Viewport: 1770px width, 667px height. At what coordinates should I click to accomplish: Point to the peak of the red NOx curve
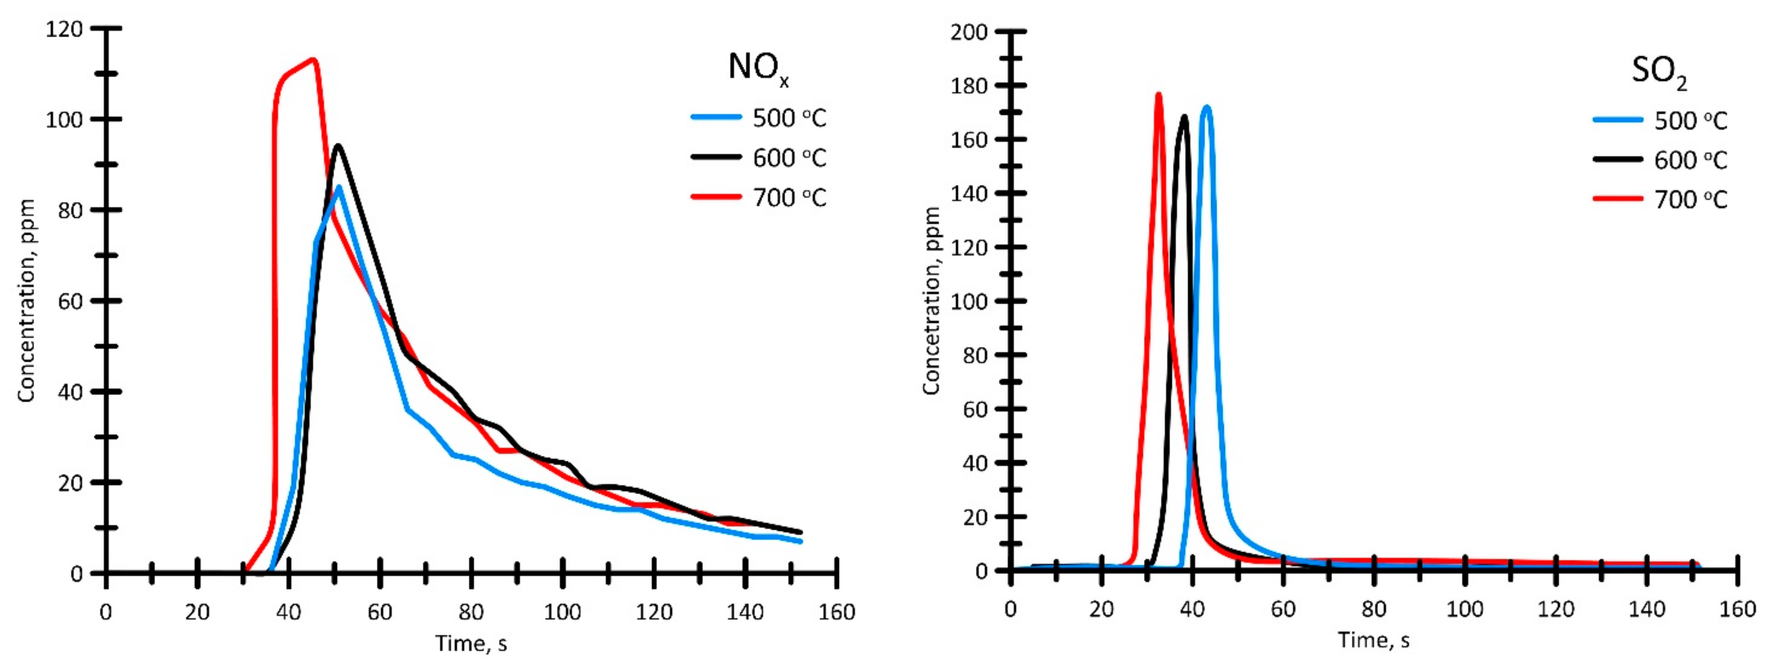pos(313,59)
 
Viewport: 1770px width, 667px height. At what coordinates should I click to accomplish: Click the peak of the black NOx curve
pos(338,145)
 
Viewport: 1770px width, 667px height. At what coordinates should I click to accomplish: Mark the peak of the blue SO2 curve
pos(1206,106)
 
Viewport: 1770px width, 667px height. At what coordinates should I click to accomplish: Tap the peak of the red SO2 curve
pos(1159,94)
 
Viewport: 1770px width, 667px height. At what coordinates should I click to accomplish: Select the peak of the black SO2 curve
pos(1184,116)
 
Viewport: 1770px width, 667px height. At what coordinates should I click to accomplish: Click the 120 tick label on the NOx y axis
pos(63,29)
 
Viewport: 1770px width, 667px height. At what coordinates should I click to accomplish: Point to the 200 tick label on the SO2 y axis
pos(969,31)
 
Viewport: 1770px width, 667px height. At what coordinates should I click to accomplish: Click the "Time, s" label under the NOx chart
pos(471,643)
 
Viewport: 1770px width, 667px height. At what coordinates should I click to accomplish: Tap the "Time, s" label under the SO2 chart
pos(1374,641)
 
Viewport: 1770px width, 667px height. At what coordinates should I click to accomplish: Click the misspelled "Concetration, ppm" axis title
pos(931,301)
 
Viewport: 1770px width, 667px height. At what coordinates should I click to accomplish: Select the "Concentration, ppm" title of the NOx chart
pos(26,301)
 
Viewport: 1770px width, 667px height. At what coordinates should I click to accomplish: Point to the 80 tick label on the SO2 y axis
pos(974,355)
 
